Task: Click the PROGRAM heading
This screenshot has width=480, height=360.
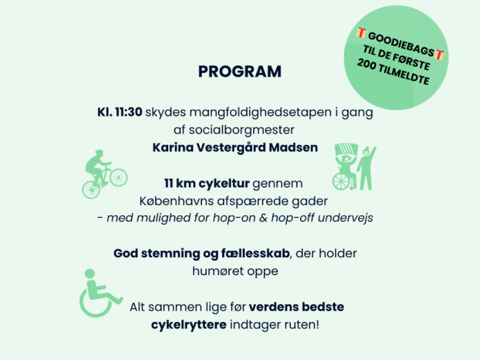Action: (240, 72)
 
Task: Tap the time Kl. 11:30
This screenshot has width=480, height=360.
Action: (120, 112)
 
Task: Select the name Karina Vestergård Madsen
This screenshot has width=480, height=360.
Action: (235, 148)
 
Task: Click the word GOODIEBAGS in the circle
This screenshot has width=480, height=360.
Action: (401, 44)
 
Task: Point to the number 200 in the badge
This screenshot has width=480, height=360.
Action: (366, 63)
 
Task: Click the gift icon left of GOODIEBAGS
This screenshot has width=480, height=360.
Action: (361, 32)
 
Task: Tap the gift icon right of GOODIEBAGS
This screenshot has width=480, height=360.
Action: (439, 54)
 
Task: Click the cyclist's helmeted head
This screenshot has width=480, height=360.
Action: (99, 153)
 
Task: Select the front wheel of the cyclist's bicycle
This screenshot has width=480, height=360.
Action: (119, 177)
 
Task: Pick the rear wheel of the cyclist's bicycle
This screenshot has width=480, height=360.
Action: (91, 190)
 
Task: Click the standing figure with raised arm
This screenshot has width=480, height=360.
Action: (366, 168)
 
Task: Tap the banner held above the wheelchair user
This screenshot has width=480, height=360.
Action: (346, 150)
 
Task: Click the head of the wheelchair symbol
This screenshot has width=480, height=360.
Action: (90, 274)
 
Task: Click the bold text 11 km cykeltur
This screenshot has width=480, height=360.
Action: (207, 183)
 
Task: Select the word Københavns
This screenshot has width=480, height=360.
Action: (177, 201)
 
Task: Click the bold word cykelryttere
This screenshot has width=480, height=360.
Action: (189, 325)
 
